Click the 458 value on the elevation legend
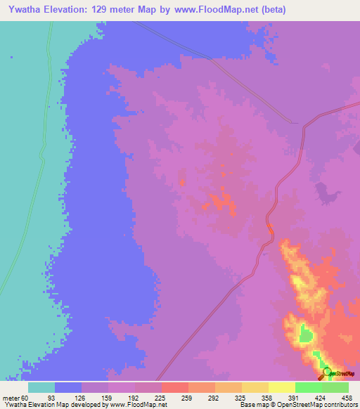[x=347, y=398]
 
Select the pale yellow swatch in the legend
[x=281, y=387]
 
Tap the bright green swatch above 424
[x=308, y=387]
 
